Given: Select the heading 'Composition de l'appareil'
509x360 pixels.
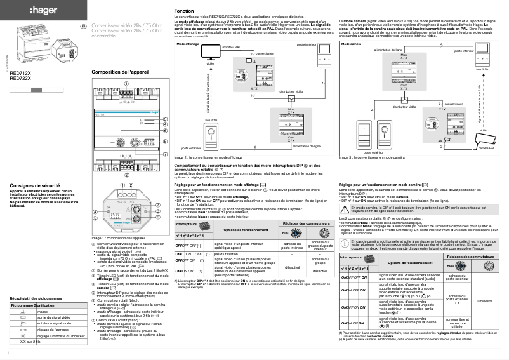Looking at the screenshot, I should click(120, 72).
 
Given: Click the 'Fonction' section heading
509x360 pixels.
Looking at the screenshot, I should click(184, 12).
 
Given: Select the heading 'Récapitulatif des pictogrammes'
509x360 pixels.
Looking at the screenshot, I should click(36, 298).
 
